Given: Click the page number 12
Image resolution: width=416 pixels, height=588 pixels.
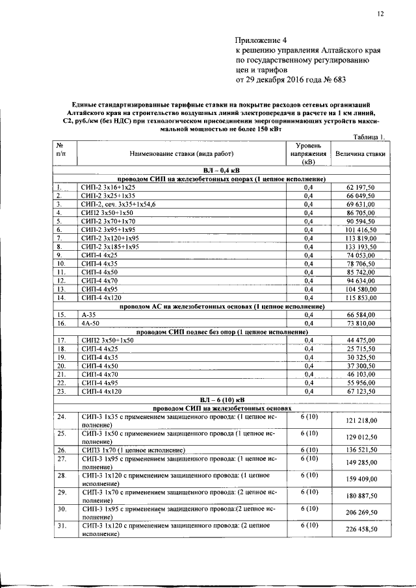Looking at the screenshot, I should [380, 14].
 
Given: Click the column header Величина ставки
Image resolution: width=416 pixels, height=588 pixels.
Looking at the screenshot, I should [361, 154].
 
